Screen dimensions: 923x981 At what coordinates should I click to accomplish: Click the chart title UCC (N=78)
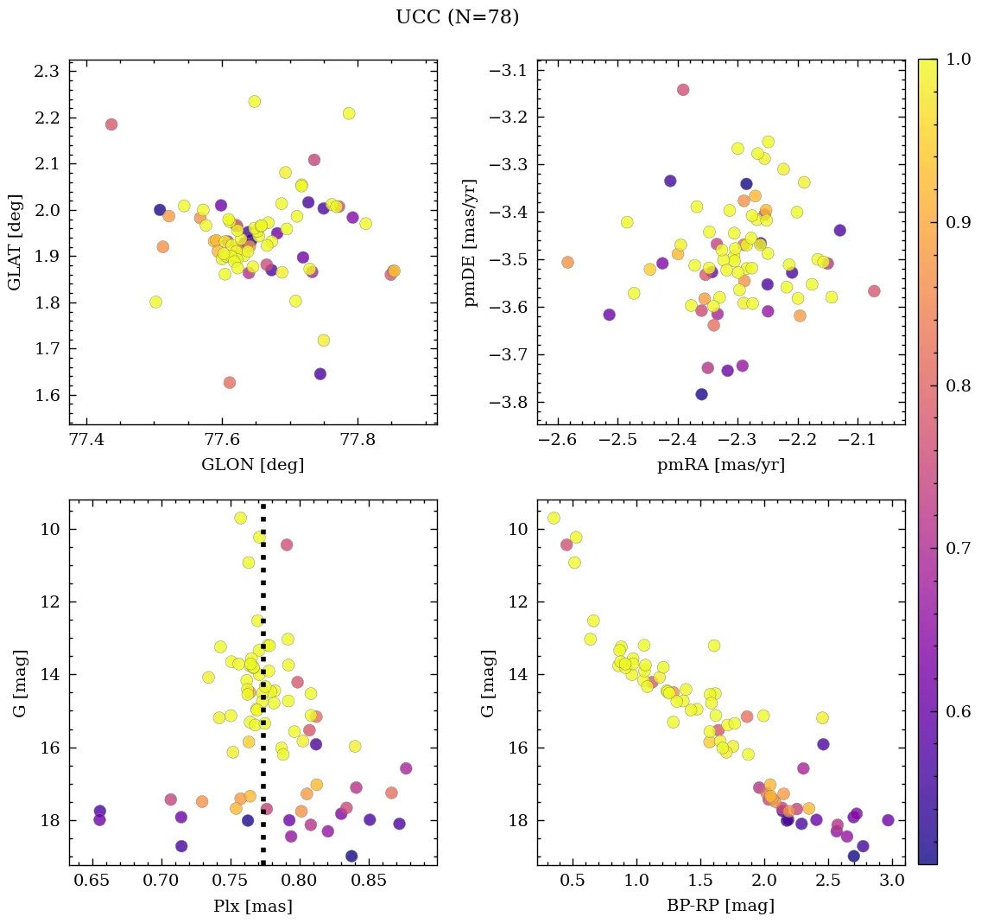point(457,17)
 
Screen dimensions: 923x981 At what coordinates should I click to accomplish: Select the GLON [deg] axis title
point(252,465)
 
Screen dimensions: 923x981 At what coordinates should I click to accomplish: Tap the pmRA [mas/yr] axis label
point(721,465)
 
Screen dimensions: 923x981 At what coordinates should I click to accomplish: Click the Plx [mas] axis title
point(252,906)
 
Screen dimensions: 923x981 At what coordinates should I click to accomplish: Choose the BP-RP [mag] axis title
point(721,906)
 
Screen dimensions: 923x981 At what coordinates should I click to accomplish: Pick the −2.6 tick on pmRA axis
point(557,439)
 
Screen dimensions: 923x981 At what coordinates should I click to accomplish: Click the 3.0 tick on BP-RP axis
point(892,881)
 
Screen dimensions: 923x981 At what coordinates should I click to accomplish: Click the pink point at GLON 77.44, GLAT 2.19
point(111,124)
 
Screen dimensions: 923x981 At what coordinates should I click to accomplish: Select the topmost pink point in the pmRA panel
point(683,90)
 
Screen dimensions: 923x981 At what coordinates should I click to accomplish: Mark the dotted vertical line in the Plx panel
point(263,691)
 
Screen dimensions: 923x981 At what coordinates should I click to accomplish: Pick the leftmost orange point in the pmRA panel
point(567,262)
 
